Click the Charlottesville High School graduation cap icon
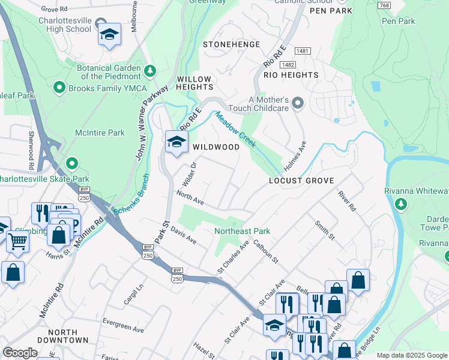[x=109, y=35]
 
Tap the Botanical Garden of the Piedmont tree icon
[x=149, y=72]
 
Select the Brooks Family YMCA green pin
[x=59, y=88]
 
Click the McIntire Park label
[x=100, y=133]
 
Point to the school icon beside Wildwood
[x=176, y=142]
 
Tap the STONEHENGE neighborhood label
[x=232, y=44]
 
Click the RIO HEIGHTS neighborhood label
[x=291, y=75]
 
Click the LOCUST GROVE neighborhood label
[x=301, y=180]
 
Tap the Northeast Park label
[x=243, y=231]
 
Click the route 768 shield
[x=385, y=5]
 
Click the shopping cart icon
[x=18, y=241]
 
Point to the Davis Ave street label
[x=183, y=235]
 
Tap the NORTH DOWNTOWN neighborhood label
[x=68, y=336]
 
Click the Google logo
[x=20, y=352]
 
